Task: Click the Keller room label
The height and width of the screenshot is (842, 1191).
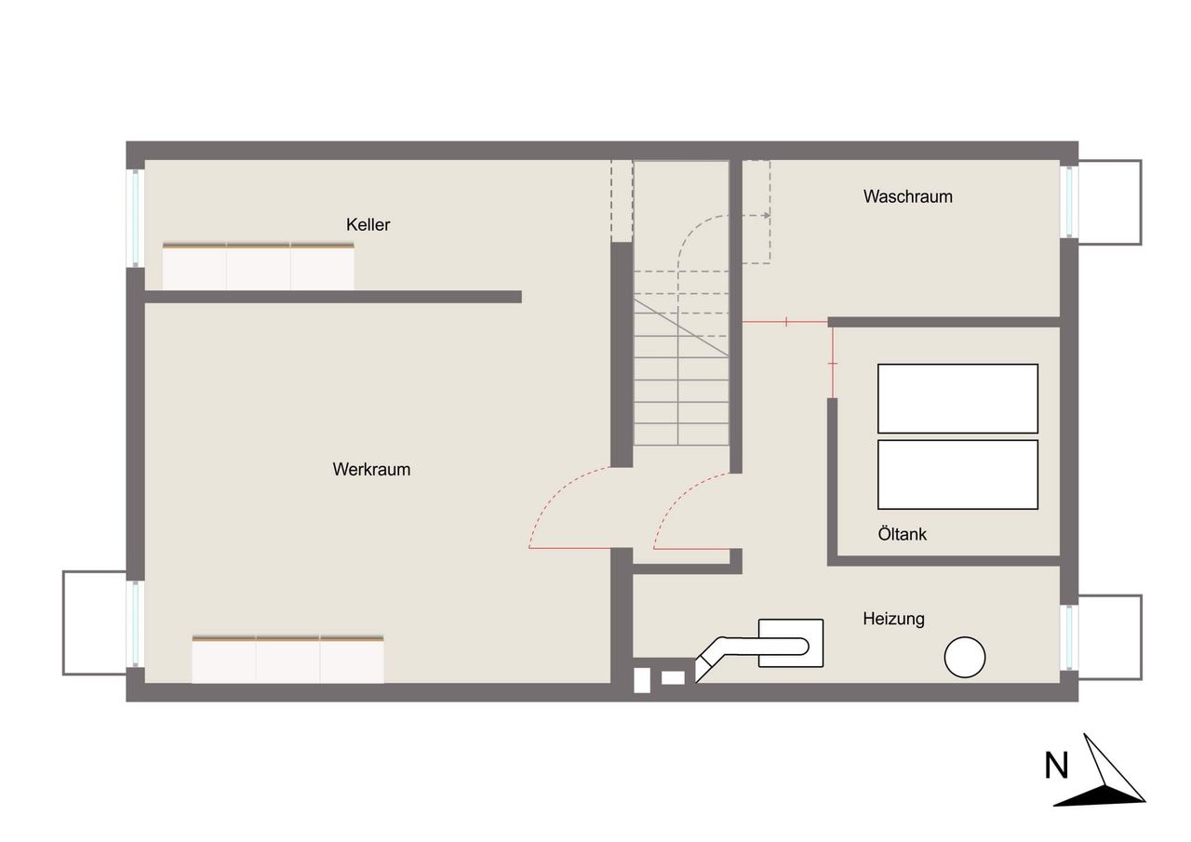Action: coord(368,225)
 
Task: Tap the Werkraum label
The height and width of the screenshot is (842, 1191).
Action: coord(371,469)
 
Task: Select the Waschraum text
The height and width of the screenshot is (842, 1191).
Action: coord(907,196)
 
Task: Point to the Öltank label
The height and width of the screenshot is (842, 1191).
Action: coord(903,534)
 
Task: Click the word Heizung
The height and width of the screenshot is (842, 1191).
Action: coord(894,619)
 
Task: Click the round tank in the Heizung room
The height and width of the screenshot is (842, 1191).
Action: coord(965,657)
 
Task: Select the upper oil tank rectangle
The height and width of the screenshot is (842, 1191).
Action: coord(957,399)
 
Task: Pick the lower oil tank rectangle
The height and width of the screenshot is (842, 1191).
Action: coord(957,474)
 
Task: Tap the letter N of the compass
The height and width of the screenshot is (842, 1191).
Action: coord(1056,766)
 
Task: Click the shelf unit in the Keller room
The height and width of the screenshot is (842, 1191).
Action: coord(259,266)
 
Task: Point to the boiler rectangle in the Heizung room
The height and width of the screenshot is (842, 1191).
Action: coord(791,643)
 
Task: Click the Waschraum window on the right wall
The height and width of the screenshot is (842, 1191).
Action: coord(1069,202)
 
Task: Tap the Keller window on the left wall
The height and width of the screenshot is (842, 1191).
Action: coord(136,218)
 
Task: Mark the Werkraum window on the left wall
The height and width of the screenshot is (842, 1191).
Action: coord(136,623)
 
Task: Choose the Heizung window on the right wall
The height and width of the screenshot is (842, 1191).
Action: coord(1069,637)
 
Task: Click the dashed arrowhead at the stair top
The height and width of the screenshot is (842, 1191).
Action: coord(766,215)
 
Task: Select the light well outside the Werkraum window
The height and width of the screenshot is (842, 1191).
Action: coord(95,623)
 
